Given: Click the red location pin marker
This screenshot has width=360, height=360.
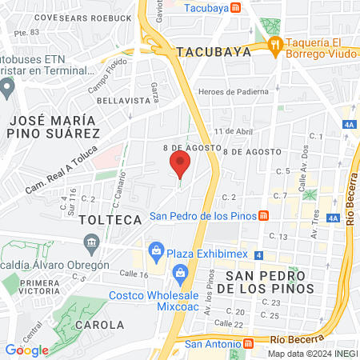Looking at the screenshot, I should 180,166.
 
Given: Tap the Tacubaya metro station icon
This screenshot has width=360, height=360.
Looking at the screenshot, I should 235,8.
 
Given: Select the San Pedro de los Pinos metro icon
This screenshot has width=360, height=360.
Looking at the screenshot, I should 274,216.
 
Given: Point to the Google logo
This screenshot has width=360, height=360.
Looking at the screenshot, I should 26,350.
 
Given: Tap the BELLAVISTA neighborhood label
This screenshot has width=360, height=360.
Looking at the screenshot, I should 124,101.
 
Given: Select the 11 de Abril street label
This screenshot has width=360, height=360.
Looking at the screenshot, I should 234,131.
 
